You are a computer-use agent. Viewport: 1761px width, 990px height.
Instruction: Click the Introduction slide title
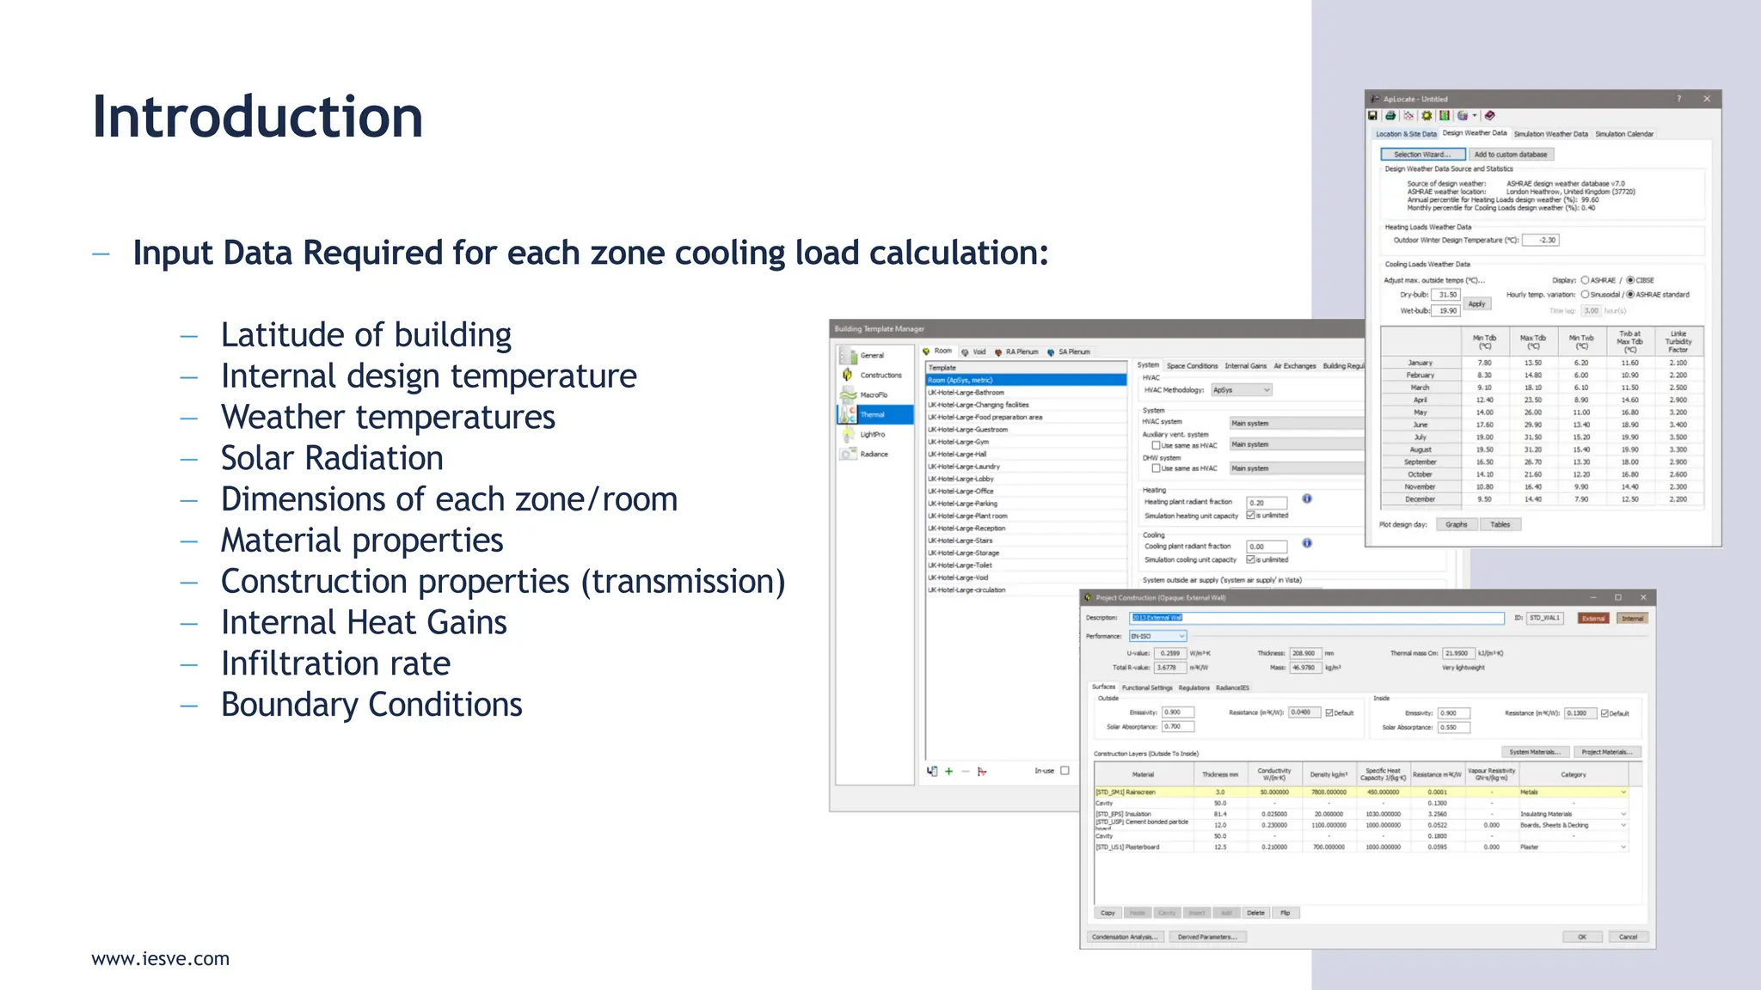pos(257,117)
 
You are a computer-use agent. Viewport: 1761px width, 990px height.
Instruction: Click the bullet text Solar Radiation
pos(332,458)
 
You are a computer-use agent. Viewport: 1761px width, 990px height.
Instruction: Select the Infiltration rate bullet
pos(335,663)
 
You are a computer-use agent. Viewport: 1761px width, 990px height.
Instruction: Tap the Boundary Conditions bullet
pos(371,705)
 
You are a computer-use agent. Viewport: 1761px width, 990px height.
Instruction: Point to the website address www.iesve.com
pos(161,958)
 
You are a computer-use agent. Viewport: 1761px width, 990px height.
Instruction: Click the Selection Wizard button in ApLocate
pos(1422,155)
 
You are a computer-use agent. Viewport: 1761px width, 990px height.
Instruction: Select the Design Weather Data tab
pos(1475,133)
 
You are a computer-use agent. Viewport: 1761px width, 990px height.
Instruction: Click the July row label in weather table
pos(1420,437)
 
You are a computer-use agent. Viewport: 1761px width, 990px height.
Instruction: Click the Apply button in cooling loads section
pos(1476,304)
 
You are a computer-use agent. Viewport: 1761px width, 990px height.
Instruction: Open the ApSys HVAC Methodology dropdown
pos(1241,390)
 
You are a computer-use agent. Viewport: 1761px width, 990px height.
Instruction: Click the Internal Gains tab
pos(1245,366)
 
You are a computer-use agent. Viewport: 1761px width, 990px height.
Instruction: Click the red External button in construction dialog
pos(1593,619)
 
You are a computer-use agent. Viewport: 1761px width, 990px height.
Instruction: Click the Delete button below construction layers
pos(1255,913)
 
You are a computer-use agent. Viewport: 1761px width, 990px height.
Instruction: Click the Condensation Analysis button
pos(1125,937)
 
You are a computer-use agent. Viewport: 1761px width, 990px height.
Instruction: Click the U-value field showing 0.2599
pos(1169,653)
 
